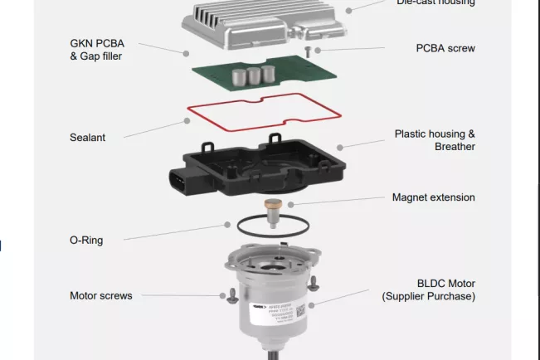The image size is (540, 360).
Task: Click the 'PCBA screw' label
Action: click(x=445, y=49)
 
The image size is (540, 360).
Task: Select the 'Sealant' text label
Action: click(x=87, y=138)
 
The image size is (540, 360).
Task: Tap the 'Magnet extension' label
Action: click(x=433, y=197)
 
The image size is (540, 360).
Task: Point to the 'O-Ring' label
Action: click(x=85, y=241)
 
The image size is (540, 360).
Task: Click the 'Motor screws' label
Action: click(x=100, y=296)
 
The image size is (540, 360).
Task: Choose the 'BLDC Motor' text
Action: click(x=445, y=283)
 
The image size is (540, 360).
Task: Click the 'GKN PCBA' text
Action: click(x=97, y=43)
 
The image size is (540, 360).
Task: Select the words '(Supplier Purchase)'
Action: click(x=428, y=296)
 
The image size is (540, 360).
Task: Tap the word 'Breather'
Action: click(x=455, y=147)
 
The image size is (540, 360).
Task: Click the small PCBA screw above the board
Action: click(x=308, y=51)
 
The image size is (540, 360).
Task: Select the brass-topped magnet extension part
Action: click(x=271, y=207)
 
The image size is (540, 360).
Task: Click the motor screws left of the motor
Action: click(x=224, y=295)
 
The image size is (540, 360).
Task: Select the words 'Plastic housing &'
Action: click(x=435, y=134)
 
